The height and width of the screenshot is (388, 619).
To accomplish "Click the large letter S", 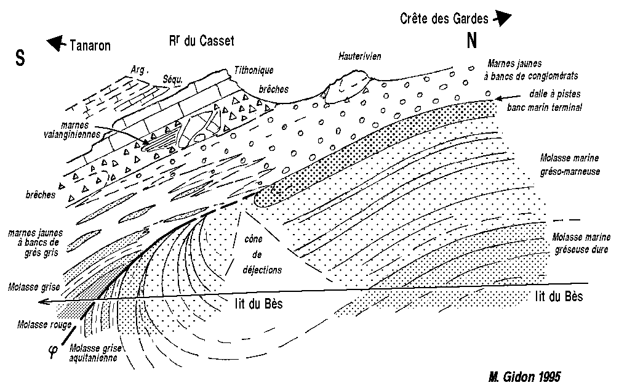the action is [x=20, y=58].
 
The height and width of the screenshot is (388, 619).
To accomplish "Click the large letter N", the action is [x=472, y=40].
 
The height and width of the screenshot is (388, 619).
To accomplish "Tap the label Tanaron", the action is [x=90, y=46].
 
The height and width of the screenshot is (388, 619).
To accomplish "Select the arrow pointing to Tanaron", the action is [x=56, y=42].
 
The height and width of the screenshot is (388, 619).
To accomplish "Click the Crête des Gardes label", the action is [x=444, y=18].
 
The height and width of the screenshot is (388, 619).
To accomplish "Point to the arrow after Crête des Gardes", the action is [x=502, y=18].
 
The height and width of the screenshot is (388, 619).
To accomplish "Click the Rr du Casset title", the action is [x=202, y=40].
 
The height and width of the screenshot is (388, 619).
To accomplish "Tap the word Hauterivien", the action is [x=359, y=56].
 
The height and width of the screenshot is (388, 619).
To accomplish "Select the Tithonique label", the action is [x=254, y=70].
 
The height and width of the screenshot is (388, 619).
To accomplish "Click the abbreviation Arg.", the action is [x=139, y=70].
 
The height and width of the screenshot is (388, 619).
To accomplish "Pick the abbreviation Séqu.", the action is [x=173, y=79].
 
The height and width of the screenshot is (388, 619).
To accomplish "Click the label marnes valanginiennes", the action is [x=72, y=129].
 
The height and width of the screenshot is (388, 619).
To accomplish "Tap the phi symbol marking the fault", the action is [x=53, y=351].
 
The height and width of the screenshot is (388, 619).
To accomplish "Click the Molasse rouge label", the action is [x=44, y=325].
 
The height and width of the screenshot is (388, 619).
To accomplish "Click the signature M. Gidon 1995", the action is [x=524, y=376].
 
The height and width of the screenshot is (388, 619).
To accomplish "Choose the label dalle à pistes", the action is [x=555, y=94].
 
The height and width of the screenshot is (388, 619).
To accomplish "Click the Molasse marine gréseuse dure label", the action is [x=581, y=243].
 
